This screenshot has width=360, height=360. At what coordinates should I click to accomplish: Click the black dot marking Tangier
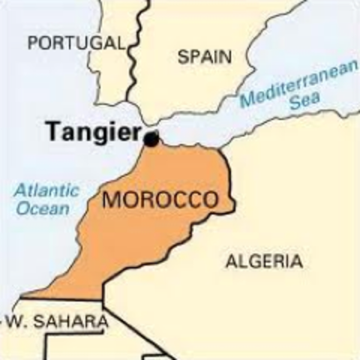click(x=151, y=139)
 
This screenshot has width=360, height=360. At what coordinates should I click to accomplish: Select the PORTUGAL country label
click(x=75, y=43)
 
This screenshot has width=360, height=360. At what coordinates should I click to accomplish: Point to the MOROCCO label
click(x=160, y=200)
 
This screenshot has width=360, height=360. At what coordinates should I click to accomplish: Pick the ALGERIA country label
click(x=265, y=262)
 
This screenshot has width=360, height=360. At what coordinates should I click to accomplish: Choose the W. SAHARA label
click(x=58, y=322)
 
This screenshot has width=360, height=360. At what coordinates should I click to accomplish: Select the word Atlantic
click(x=46, y=190)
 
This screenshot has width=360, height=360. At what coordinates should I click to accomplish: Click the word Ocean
click(x=43, y=209)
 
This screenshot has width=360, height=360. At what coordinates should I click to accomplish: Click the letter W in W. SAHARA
click(x=16, y=322)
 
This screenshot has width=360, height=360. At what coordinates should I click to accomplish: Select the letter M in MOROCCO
click(x=110, y=200)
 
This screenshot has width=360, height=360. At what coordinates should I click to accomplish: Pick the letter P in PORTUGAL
click(x=32, y=43)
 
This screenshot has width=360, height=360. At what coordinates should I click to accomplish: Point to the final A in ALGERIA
click(x=297, y=262)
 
